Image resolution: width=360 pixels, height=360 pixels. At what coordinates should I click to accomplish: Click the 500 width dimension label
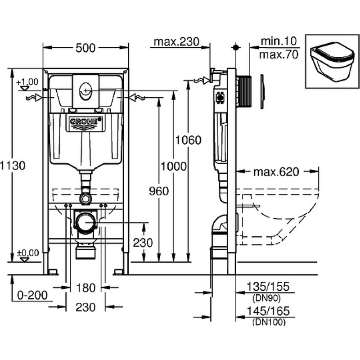pyautogui.click(x=85, y=48)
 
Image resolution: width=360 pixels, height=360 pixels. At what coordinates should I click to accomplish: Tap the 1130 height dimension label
pyautogui.click(x=13, y=166)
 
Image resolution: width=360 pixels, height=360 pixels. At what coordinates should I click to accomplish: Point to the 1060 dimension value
pyautogui.click(x=188, y=140)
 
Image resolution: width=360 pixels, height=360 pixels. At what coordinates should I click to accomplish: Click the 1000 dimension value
pyautogui.click(x=174, y=166)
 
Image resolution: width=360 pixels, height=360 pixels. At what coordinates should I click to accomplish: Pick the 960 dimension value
pyautogui.click(x=159, y=191)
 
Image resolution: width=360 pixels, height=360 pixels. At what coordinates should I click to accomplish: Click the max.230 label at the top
pyautogui.click(x=176, y=42)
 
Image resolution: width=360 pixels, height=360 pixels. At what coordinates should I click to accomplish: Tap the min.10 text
pyautogui.click(x=279, y=41)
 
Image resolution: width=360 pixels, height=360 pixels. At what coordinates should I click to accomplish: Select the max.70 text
pyautogui.click(x=279, y=54)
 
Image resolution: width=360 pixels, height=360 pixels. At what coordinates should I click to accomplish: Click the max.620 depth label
pyautogui.click(x=276, y=172)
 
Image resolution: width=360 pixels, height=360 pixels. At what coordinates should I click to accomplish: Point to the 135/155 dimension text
pyautogui.click(x=268, y=287)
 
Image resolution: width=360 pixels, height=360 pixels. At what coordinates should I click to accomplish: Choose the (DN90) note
pyautogui.click(x=266, y=298)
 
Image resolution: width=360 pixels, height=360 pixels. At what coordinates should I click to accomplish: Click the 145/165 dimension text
pyautogui.click(x=268, y=311)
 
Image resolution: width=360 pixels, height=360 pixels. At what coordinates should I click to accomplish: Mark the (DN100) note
pyautogui.click(x=269, y=322)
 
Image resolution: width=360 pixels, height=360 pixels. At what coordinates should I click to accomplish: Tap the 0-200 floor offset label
pyautogui.click(x=32, y=295)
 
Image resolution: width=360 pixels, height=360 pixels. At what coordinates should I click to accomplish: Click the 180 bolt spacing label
pyautogui.click(x=85, y=288)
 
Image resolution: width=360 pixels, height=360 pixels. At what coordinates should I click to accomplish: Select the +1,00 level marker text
pyautogui.click(x=27, y=82)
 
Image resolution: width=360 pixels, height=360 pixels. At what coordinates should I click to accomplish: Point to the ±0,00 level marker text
pyautogui.click(x=28, y=253)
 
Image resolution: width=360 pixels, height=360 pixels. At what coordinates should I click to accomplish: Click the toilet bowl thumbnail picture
pyautogui.click(x=332, y=61)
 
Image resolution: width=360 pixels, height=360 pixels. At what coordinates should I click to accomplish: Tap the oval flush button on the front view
pyautogui.click(x=85, y=91)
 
